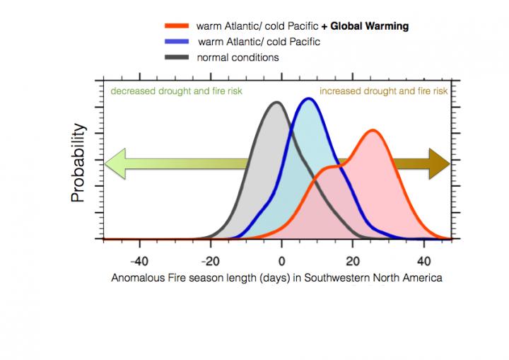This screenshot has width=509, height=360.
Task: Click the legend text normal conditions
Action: pyautogui.click(x=238, y=57)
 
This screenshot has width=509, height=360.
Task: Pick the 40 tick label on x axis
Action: pyautogui.click(x=423, y=260)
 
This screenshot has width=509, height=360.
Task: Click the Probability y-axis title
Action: pyautogui.click(x=80, y=163)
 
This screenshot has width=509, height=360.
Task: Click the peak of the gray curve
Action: pyautogui.click(x=276, y=103)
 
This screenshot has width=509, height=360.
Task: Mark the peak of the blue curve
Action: pyautogui.click(x=308, y=99)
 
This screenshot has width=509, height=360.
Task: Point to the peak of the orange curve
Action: pyautogui.click(x=372, y=131)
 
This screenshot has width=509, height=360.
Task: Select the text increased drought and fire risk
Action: pyautogui.click(x=383, y=91)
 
